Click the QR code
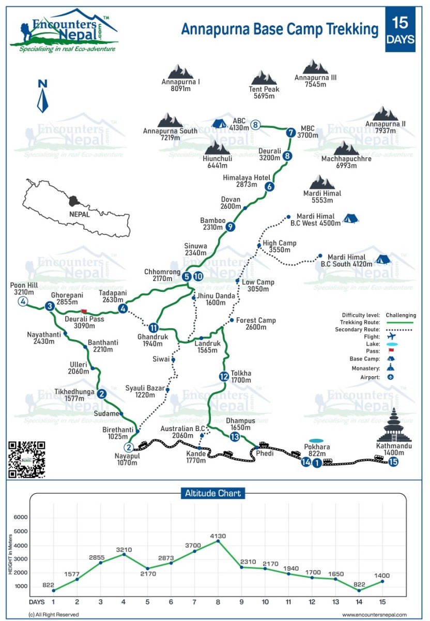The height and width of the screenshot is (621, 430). pyautogui.click(x=27, y=459)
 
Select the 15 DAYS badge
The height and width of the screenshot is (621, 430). pyautogui.click(x=400, y=29)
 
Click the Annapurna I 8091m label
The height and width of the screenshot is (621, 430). pyautogui.click(x=181, y=85)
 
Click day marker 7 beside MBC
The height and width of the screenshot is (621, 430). pyautogui.click(x=290, y=132)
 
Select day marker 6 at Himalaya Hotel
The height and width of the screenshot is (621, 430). pyautogui.click(x=269, y=187)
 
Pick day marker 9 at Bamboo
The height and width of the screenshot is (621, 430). pyautogui.click(x=231, y=226)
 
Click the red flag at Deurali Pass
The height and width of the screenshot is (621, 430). pyautogui.click(x=84, y=312)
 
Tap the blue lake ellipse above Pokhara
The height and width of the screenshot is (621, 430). pyautogui.click(x=317, y=441)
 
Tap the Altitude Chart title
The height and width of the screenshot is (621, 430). pyautogui.click(x=213, y=493)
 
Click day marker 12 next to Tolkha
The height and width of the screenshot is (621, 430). pyautogui.click(x=223, y=376)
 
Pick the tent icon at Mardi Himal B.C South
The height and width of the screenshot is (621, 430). pyautogui.click(x=382, y=259)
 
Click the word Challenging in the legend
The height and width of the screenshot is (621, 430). pyautogui.click(x=400, y=315)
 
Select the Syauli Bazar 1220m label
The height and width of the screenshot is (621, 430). pyautogui.click(x=145, y=391)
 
